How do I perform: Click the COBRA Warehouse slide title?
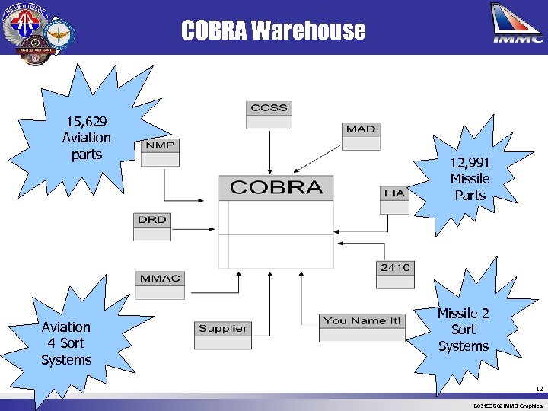(273, 30)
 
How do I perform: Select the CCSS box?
(269, 108)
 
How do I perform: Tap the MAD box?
(360, 129)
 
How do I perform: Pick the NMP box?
(158, 145)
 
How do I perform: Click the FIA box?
(394, 193)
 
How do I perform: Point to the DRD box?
(151, 220)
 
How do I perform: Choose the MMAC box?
(160, 278)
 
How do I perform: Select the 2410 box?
(395, 268)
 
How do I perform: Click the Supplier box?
(222, 329)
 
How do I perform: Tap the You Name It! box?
(362, 321)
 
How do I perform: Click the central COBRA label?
(276, 187)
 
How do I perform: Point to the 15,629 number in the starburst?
(86, 121)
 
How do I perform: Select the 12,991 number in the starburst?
(470, 162)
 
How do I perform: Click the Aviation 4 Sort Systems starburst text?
(66, 343)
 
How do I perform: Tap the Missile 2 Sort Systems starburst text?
(463, 330)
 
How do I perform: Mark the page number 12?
(538, 389)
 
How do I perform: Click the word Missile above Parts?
(470, 179)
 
